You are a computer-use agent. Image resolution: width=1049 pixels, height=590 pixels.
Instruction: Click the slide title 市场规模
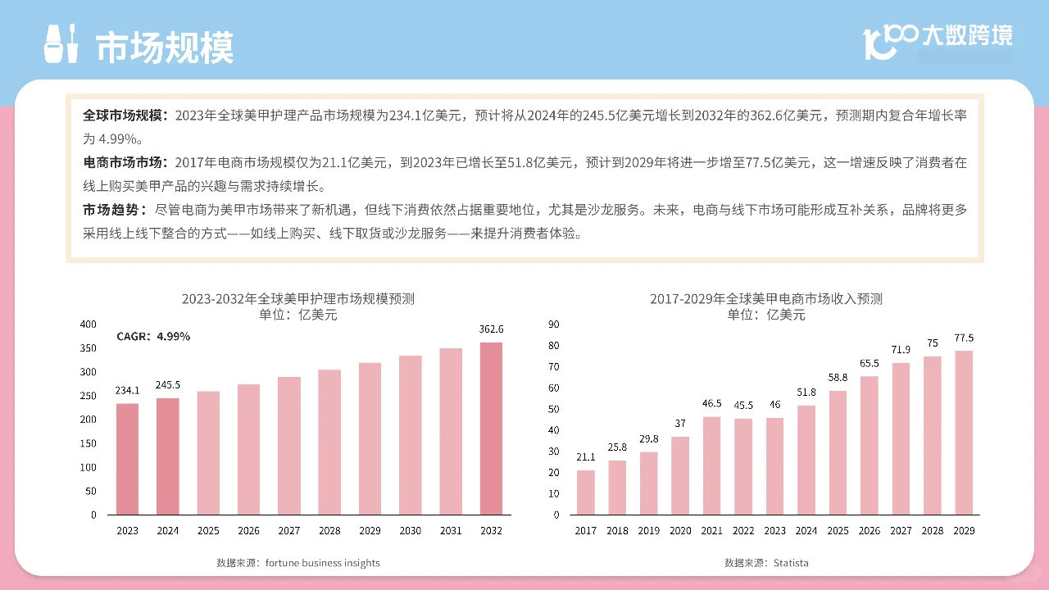coord(165,48)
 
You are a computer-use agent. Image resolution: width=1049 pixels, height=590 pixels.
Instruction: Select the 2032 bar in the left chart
coord(491,428)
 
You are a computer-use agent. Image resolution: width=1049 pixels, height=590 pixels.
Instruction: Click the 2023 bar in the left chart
coord(127,459)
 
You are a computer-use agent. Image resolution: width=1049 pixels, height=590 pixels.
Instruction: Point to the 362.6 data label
coord(491,329)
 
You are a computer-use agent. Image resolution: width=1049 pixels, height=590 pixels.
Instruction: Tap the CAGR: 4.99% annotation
coord(153,337)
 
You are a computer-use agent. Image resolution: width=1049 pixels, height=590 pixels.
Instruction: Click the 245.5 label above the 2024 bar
coord(167,385)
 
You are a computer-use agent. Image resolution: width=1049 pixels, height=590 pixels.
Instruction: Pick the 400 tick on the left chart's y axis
coord(89,324)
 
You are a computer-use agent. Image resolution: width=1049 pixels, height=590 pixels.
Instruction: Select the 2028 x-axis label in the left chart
coord(329,531)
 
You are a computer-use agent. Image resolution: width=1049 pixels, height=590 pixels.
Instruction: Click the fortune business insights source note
coord(298,563)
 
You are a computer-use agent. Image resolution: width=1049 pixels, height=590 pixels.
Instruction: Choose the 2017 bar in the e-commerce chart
coord(586,492)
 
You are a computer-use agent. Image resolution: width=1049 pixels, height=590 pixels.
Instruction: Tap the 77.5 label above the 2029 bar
coord(964,338)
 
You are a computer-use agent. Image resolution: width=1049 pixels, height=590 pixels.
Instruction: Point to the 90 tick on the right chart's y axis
coord(553,324)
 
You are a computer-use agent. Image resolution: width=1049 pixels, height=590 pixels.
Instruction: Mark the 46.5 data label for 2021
coord(711,404)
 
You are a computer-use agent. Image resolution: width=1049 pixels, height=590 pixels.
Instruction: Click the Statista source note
coord(766,563)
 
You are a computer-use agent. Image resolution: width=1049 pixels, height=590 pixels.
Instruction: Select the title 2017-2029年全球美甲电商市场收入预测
coord(766,299)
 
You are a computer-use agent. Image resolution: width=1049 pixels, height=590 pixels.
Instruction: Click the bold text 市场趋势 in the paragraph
coord(115,210)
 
